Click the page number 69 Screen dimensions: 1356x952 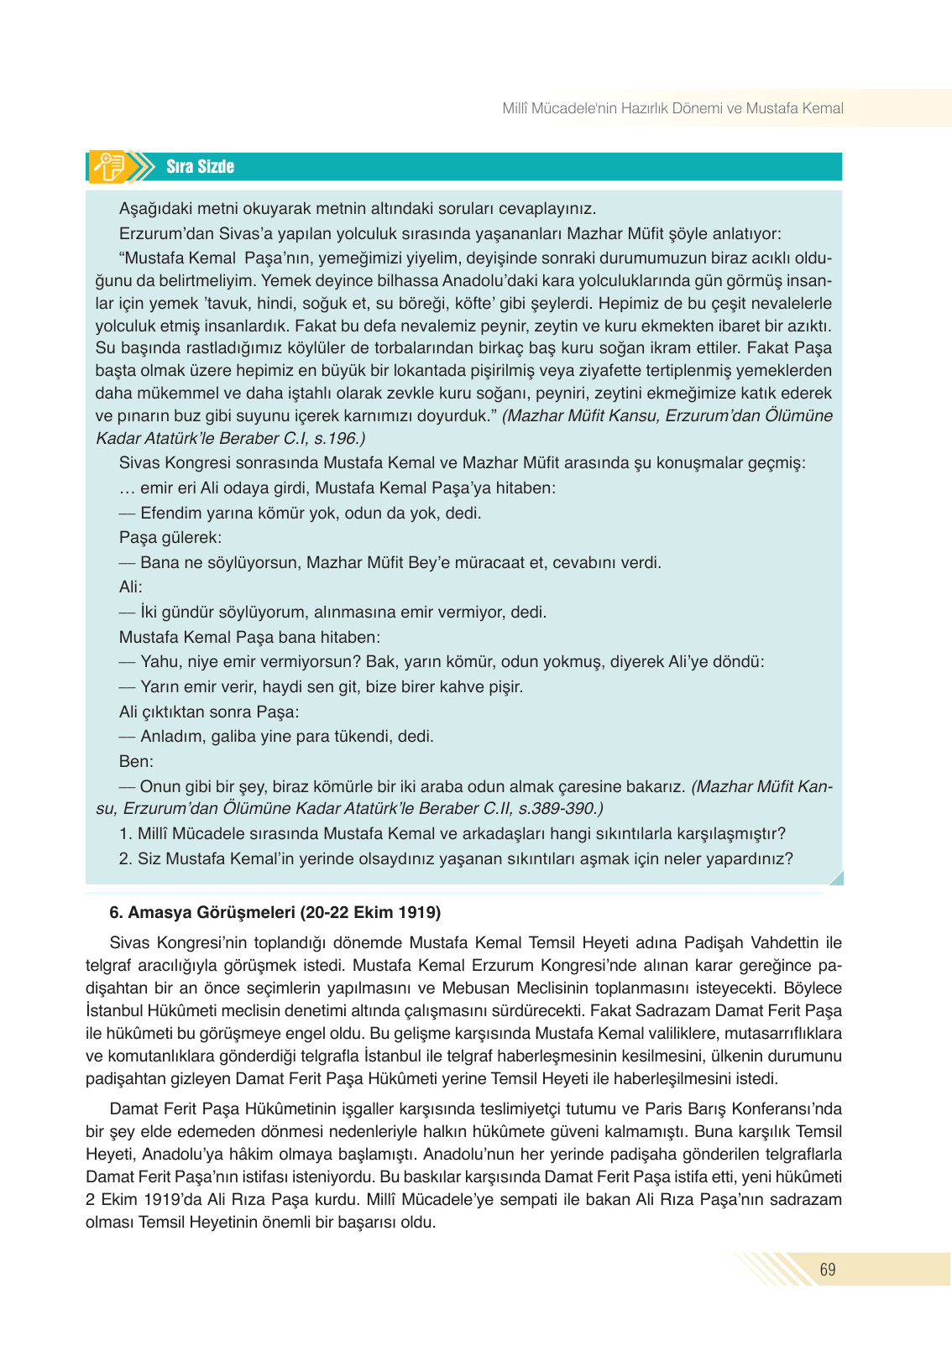click(827, 1270)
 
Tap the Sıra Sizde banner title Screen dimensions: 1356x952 click(200, 167)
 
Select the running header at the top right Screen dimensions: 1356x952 click(672, 108)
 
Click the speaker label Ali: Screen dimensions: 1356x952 click(131, 587)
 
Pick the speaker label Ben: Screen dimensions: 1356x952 click(136, 761)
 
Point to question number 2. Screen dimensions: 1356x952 click(125, 858)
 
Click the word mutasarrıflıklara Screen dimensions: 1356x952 click(783, 1033)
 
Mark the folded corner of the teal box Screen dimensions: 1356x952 click(834, 878)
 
